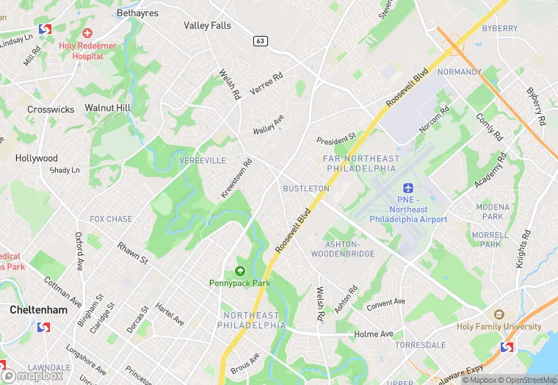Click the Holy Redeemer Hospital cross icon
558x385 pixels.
(87, 33)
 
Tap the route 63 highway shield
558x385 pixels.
(261, 41)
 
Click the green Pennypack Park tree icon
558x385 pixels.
(239, 271)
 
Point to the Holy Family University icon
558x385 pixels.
(499, 315)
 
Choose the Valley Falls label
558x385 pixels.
(207, 25)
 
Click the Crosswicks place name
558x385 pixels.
(51, 109)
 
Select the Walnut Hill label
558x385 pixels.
(107, 108)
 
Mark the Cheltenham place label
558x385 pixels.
(38, 310)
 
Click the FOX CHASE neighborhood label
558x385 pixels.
(111, 219)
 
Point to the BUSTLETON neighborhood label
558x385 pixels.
(306, 189)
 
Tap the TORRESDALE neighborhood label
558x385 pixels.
(420, 345)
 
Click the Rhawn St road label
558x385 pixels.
(133, 254)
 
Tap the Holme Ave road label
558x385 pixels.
(374, 334)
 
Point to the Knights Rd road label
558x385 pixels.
(523, 249)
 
